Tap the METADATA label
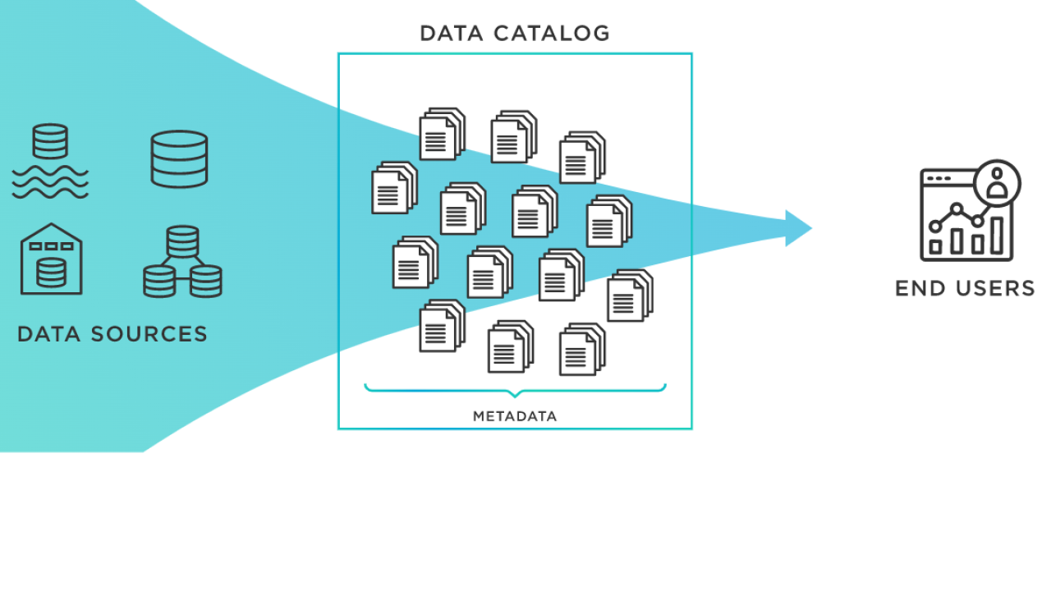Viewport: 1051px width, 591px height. (x=515, y=416)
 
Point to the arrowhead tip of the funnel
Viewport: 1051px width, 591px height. (x=810, y=228)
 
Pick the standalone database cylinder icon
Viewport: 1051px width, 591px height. (x=179, y=158)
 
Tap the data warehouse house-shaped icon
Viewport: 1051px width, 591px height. (x=51, y=259)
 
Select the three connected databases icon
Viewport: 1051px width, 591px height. (x=182, y=262)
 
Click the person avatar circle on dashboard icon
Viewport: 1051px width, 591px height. (x=998, y=182)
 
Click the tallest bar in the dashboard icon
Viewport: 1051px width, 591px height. (x=998, y=236)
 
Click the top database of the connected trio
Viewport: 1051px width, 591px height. (x=182, y=241)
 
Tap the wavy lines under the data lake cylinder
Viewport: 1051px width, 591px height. (x=50, y=182)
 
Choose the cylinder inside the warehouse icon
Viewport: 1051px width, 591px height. (x=51, y=273)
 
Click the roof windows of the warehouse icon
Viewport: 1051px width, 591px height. (x=51, y=245)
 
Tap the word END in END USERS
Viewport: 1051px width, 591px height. (x=915, y=289)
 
